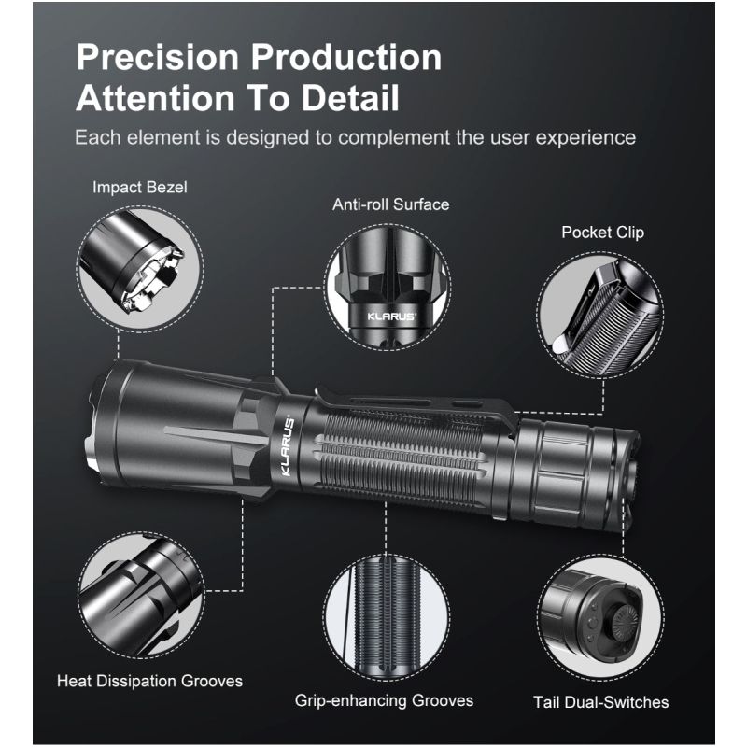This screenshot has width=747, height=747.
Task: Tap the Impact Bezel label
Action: click(140, 187)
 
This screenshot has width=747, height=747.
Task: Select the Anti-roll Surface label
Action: click(390, 204)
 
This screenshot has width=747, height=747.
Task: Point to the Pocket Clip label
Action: click(602, 232)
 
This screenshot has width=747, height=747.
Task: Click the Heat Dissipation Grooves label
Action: click(149, 681)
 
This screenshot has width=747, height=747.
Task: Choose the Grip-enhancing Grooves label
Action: click(384, 700)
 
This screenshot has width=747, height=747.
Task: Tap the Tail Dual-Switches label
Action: click(600, 702)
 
